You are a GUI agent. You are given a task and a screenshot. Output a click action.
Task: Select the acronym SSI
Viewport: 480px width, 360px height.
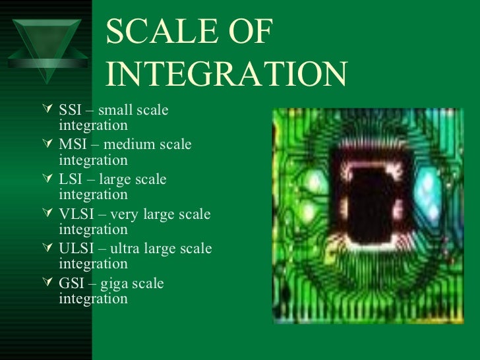(x=70, y=109)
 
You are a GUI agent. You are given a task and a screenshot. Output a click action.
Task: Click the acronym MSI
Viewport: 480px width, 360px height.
(x=72, y=144)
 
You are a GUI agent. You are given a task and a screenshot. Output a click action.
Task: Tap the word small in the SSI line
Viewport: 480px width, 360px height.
(x=121, y=109)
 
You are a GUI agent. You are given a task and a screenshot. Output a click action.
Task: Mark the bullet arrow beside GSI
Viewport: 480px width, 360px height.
(x=45, y=283)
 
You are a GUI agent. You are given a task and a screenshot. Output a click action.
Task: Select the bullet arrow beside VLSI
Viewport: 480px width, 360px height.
(x=45, y=213)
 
